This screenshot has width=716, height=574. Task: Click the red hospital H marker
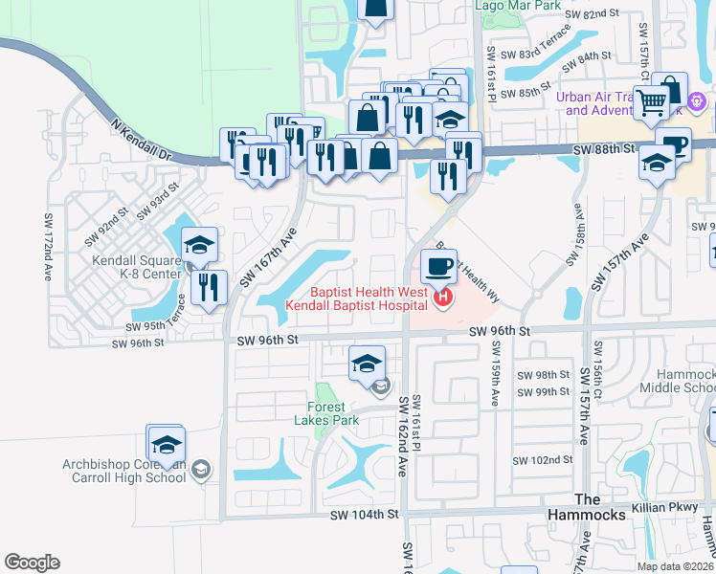pos(443,298)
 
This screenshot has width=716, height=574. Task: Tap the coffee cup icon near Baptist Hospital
pos(438,267)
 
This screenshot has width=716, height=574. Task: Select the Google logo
pos(32,563)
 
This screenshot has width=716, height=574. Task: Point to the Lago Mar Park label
pos(518,5)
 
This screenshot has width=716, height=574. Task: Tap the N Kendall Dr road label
pos(140,141)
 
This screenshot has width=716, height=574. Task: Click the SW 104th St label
pos(363,515)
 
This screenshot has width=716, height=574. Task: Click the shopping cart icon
pos(652,100)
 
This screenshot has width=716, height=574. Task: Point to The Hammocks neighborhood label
pos(599,507)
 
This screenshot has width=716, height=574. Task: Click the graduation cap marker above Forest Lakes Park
pos(367,364)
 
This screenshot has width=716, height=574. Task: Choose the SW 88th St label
pos(604,149)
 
